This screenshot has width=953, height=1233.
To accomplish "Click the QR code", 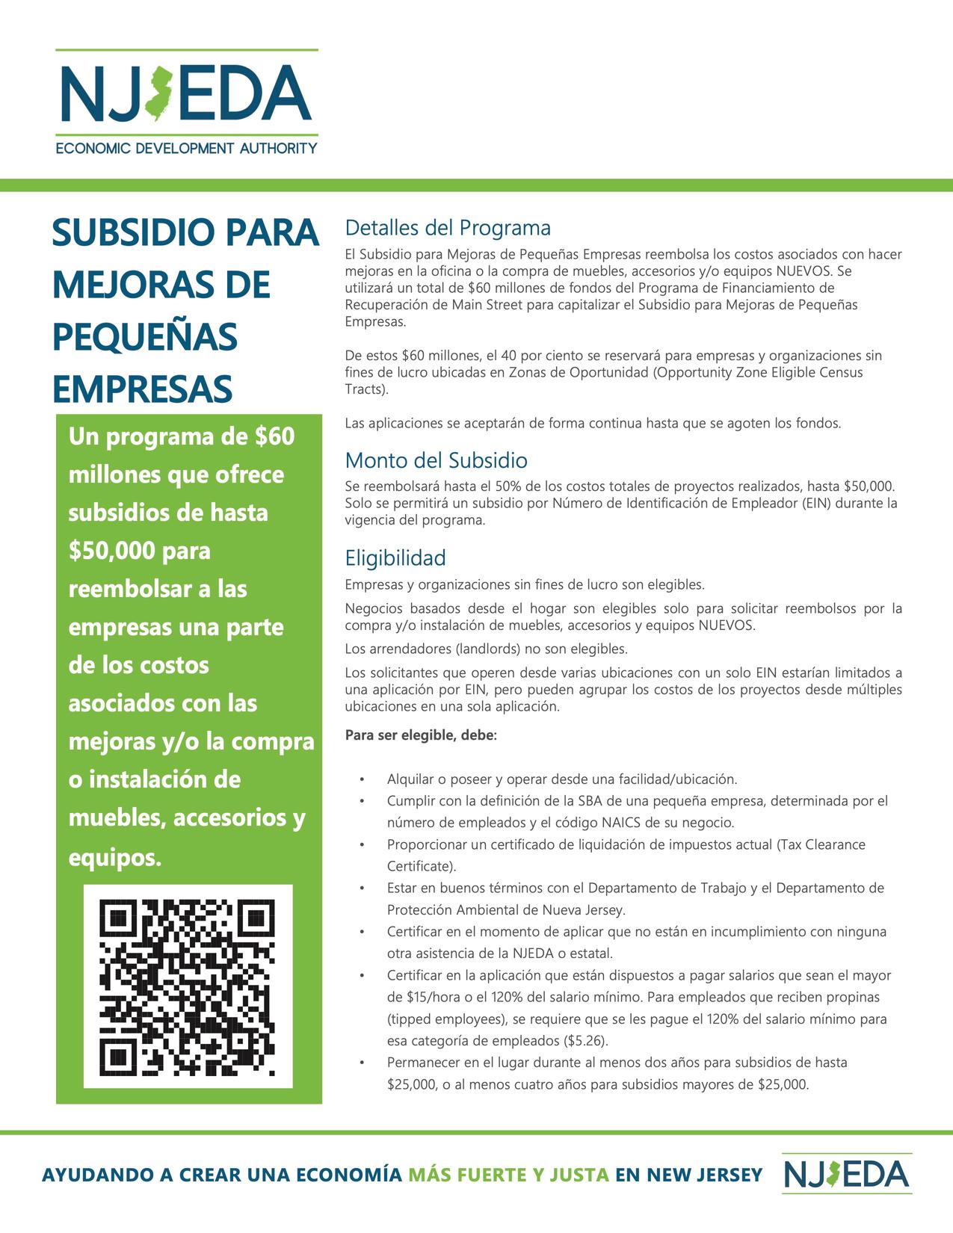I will [188, 986].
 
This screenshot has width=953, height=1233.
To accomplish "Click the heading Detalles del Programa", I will [448, 228].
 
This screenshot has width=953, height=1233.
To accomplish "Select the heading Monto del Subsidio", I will [436, 460].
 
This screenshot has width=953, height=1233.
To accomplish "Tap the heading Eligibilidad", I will [395, 558].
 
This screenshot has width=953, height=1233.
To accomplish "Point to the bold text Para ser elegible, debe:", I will [421, 735].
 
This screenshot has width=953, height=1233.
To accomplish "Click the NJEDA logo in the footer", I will [847, 1173].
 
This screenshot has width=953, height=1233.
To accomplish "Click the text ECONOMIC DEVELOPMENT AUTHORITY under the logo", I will [186, 148].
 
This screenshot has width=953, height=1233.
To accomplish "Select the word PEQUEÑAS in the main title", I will [145, 337].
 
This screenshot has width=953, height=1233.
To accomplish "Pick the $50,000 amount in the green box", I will [112, 551].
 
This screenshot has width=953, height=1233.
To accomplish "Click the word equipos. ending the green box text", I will [115, 857].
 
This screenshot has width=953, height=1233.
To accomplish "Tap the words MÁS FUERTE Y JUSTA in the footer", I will [508, 1175].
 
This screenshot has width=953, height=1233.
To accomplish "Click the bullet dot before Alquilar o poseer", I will [362, 779].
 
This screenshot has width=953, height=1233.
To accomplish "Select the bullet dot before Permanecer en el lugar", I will [362, 1063].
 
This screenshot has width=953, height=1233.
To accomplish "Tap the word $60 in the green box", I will [275, 436].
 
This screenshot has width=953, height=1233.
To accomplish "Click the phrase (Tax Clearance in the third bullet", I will [820, 844].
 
